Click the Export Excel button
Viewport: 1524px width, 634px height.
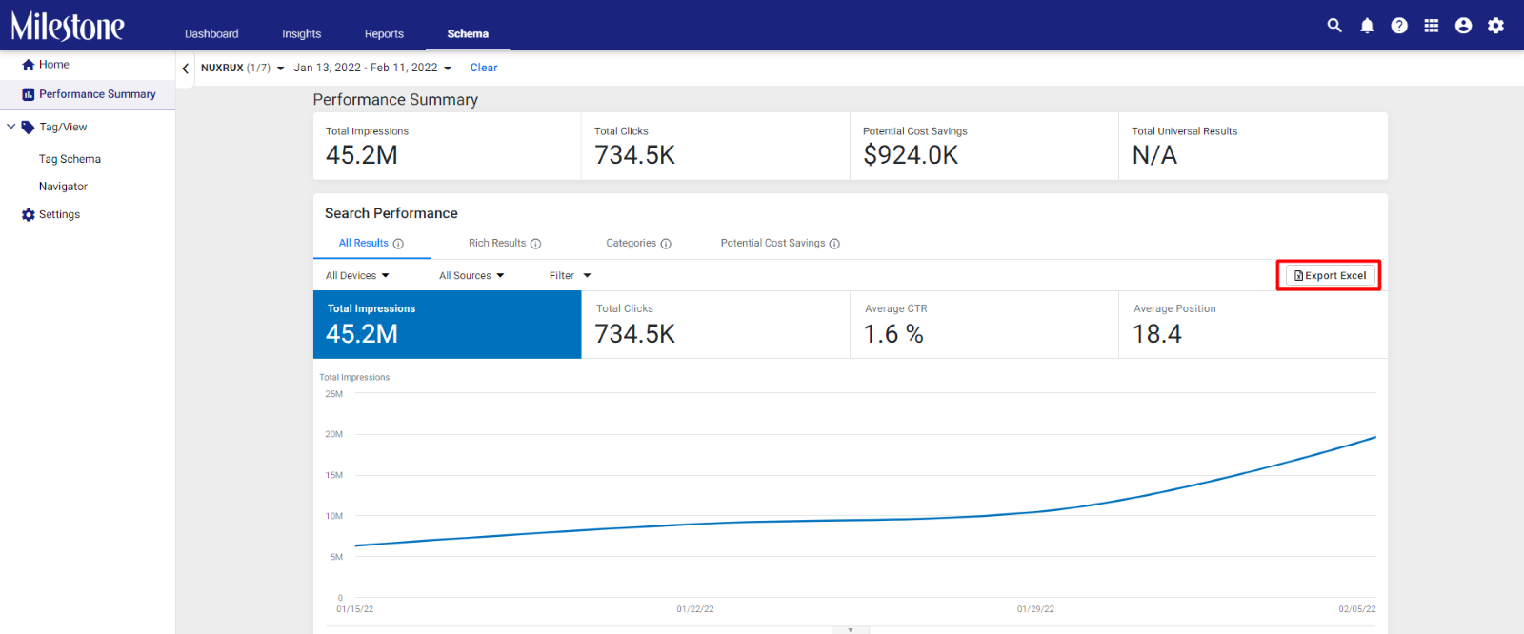[x=1330, y=275]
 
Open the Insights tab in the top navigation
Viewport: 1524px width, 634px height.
[x=301, y=33]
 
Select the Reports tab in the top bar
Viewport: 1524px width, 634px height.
[x=384, y=33]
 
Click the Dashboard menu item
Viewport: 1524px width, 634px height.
[x=211, y=33]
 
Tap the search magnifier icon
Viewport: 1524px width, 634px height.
[x=1334, y=26]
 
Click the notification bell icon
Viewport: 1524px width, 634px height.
[x=1367, y=26]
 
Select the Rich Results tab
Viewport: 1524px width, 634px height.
[x=504, y=243]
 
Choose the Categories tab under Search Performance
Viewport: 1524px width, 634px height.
[x=638, y=243]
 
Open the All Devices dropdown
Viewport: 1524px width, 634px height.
[x=357, y=275]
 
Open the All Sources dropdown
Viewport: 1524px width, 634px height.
[x=471, y=275]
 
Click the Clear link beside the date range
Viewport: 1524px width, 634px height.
[x=484, y=68]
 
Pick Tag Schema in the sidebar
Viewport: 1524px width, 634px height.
[x=70, y=158]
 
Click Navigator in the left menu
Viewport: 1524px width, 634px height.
[x=63, y=187]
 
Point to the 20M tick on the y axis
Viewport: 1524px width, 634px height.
[x=334, y=434]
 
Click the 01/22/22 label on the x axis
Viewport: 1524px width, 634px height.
[x=695, y=609]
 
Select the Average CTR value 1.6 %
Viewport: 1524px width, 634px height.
[x=893, y=334]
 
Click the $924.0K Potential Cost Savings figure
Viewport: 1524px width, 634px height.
[x=911, y=155]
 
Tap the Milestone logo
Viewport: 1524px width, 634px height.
[x=68, y=26]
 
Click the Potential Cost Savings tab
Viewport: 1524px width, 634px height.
[x=780, y=243]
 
